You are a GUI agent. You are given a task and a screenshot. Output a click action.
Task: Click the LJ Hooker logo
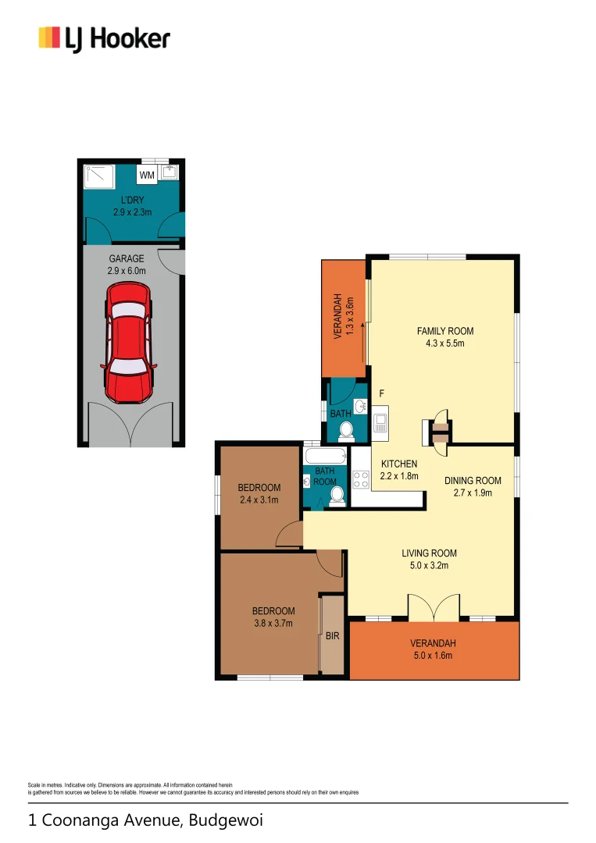[x=104, y=38]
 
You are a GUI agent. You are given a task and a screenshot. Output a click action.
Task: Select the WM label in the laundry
[x=147, y=175]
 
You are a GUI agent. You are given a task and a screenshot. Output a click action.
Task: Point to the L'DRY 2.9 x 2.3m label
[x=131, y=205]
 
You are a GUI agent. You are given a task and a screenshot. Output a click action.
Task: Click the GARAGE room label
[x=125, y=264]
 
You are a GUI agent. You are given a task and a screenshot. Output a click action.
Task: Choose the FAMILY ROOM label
[x=445, y=336]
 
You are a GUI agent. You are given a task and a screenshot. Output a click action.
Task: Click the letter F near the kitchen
[x=381, y=394]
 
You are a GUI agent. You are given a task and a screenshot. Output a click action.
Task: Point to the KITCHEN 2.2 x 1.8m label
[x=399, y=469]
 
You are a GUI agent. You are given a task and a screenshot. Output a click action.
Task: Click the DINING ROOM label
[x=473, y=486]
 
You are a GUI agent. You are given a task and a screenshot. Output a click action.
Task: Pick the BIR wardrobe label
[x=332, y=636]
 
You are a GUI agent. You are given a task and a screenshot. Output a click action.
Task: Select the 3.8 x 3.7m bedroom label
[x=273, y=617]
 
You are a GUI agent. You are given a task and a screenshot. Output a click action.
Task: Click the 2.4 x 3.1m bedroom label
[x=259, y=494]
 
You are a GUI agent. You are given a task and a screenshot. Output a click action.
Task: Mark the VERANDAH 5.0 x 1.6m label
[x=433, y=649]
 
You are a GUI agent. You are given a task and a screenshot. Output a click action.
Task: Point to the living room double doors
[x=433, y=607]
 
